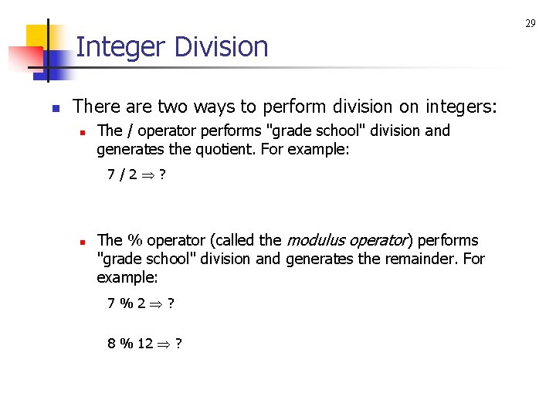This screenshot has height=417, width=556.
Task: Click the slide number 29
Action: tap(531, 24)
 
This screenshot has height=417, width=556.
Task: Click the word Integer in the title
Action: tap(121, 47)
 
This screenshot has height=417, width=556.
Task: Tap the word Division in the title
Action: tap(221, 47)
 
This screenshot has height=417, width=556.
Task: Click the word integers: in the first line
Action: tap(461, 106)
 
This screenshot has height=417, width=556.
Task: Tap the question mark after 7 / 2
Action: tap(162, 175)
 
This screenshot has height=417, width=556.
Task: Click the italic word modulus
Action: tap(317, 240)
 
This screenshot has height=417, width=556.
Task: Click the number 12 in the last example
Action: tap(145, 343)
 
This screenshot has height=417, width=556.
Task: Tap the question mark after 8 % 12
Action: tap(178, 343)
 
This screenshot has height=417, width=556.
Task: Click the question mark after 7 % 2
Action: tap(171, 303)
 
